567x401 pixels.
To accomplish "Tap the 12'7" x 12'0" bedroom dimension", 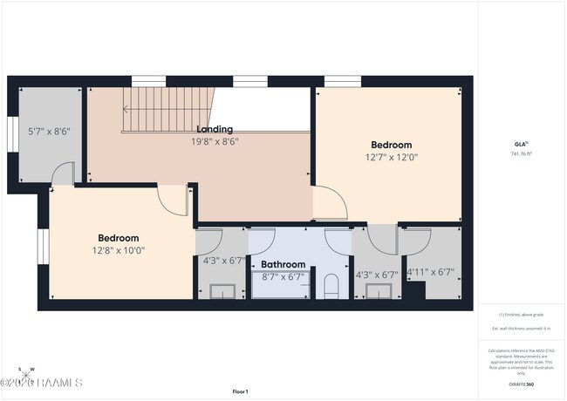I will pos(391,158).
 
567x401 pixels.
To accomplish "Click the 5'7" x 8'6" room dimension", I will pos(49,132).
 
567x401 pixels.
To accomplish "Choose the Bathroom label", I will pos(283,264).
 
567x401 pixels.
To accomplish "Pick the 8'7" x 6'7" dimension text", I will pos(283,277).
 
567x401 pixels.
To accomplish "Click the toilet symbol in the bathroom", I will pos(330,286).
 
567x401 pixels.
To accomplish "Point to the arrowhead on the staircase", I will pos(126,110).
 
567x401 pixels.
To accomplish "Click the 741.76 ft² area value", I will pos(522,153).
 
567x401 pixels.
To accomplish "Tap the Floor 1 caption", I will pos(240,391).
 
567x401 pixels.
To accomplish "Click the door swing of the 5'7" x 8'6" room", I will pos(59,175).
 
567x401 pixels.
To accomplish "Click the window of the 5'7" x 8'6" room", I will pos(11,135).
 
